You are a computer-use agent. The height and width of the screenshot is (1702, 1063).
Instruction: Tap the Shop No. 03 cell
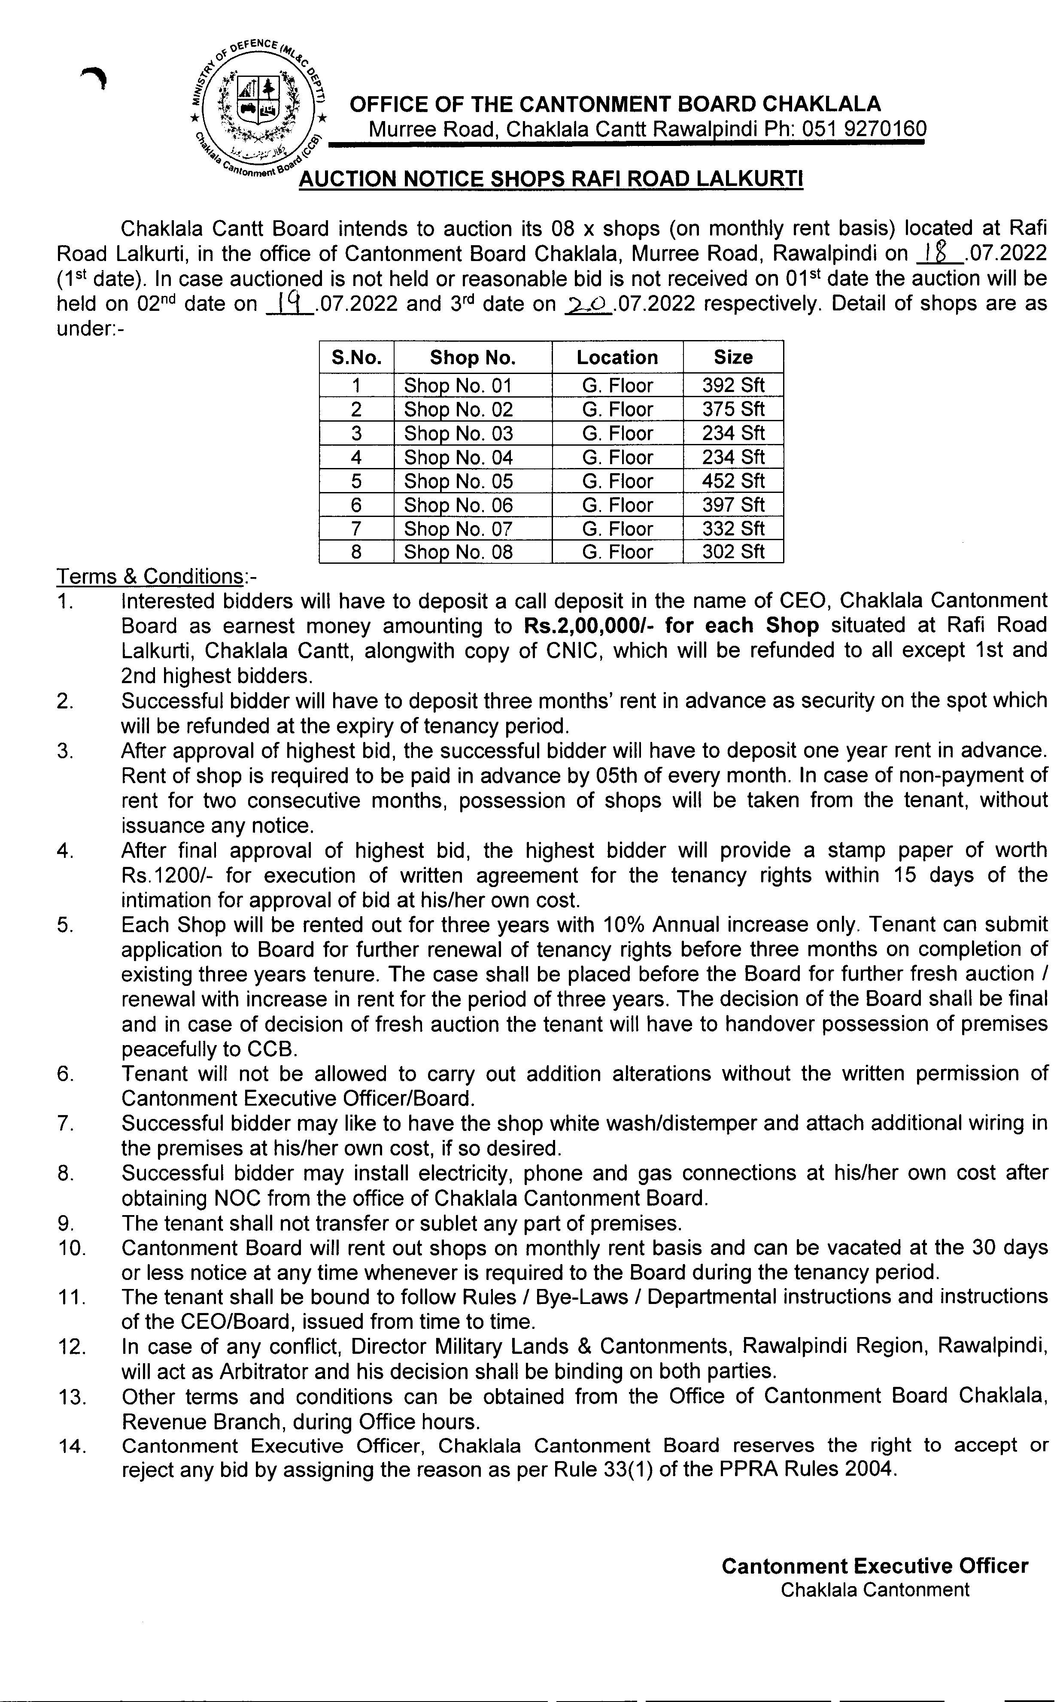(459, 434)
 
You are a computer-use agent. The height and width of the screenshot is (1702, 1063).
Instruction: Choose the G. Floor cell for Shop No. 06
(617, 505)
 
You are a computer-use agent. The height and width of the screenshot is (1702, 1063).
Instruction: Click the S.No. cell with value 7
(356, 529)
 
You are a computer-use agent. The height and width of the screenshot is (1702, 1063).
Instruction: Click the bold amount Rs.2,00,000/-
(591, 626)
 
